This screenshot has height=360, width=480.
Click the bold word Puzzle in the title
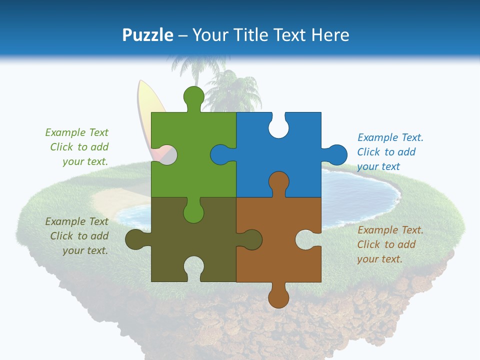click(148, 35)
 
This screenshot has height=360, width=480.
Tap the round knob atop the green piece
click(193, 96)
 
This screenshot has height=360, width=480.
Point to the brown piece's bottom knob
click(278, 297)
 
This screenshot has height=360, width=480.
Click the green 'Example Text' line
click(76, 132)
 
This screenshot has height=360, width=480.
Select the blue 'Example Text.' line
click(390, 137)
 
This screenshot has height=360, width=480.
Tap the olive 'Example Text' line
click(76, 221)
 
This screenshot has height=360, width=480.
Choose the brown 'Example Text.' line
click(390, 230)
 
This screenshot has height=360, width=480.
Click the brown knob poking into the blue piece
click(278, 182)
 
